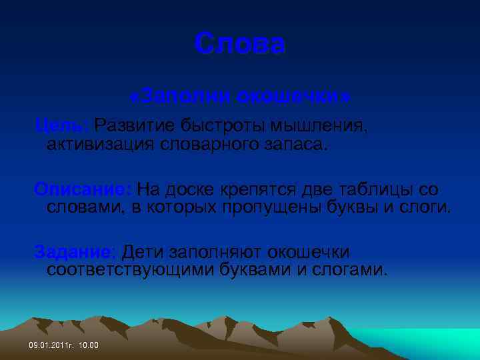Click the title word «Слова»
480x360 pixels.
tap(240, 45)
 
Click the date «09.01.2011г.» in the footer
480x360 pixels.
tap(50, 345)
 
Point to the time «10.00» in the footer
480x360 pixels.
tap(88, 345)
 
